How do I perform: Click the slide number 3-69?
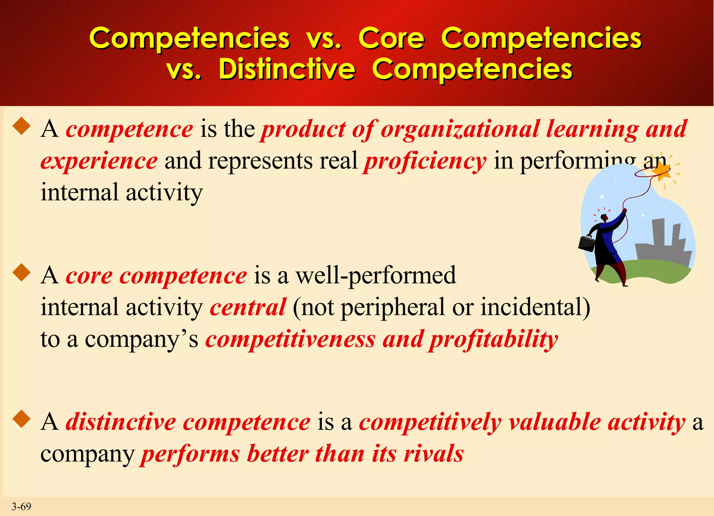click(21, 506)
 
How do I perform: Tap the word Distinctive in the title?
click(287, 69)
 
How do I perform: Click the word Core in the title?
click(392, 38)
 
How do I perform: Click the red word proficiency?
click(425, 161)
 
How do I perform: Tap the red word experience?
click(99, 161)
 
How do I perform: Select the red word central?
click(248, 307)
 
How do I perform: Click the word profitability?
click(493, 339)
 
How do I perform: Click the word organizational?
click(460, 129)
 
